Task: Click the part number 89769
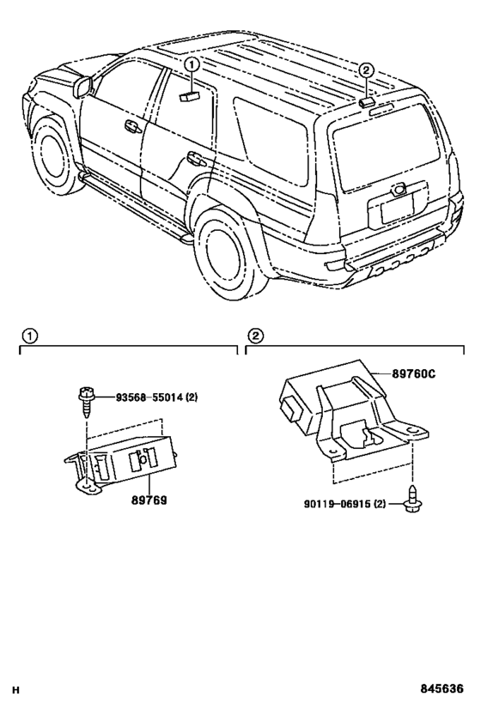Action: pyautogui.click(x=148, y=498)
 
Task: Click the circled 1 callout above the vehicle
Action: pyautogui.click(x=192, y=64)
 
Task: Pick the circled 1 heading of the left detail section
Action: pyautogui.click(x=28, y=336)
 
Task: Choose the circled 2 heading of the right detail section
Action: pyautogui.click(x=255, y=336)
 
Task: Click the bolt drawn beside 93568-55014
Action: pyautogui.click(x=86, y=399)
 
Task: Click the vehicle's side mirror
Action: pyautogui.click(x=84, y=86)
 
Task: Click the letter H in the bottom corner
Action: pyautogui.click(x=15, y=689)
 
